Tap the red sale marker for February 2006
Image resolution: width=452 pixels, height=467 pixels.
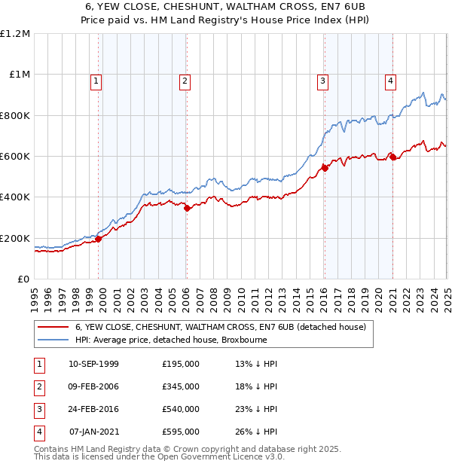(x=187, y=209)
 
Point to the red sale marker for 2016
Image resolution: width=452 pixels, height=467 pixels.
(x=325, y=169)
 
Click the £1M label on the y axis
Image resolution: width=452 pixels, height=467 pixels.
(x=17, y=75)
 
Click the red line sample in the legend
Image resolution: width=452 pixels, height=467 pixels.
(x=53, y=327)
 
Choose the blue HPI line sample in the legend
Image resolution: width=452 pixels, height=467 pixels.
(x=53, y=340)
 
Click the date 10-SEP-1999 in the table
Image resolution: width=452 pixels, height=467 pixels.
(x=93, y=365)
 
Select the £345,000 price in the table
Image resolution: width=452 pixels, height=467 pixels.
(x=181, y=386)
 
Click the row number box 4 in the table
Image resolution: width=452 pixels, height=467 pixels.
(x=37, y=432)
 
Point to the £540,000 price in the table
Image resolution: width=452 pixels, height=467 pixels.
(x=181, y=409)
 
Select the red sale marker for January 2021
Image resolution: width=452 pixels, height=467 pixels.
(x=392, y=157)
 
